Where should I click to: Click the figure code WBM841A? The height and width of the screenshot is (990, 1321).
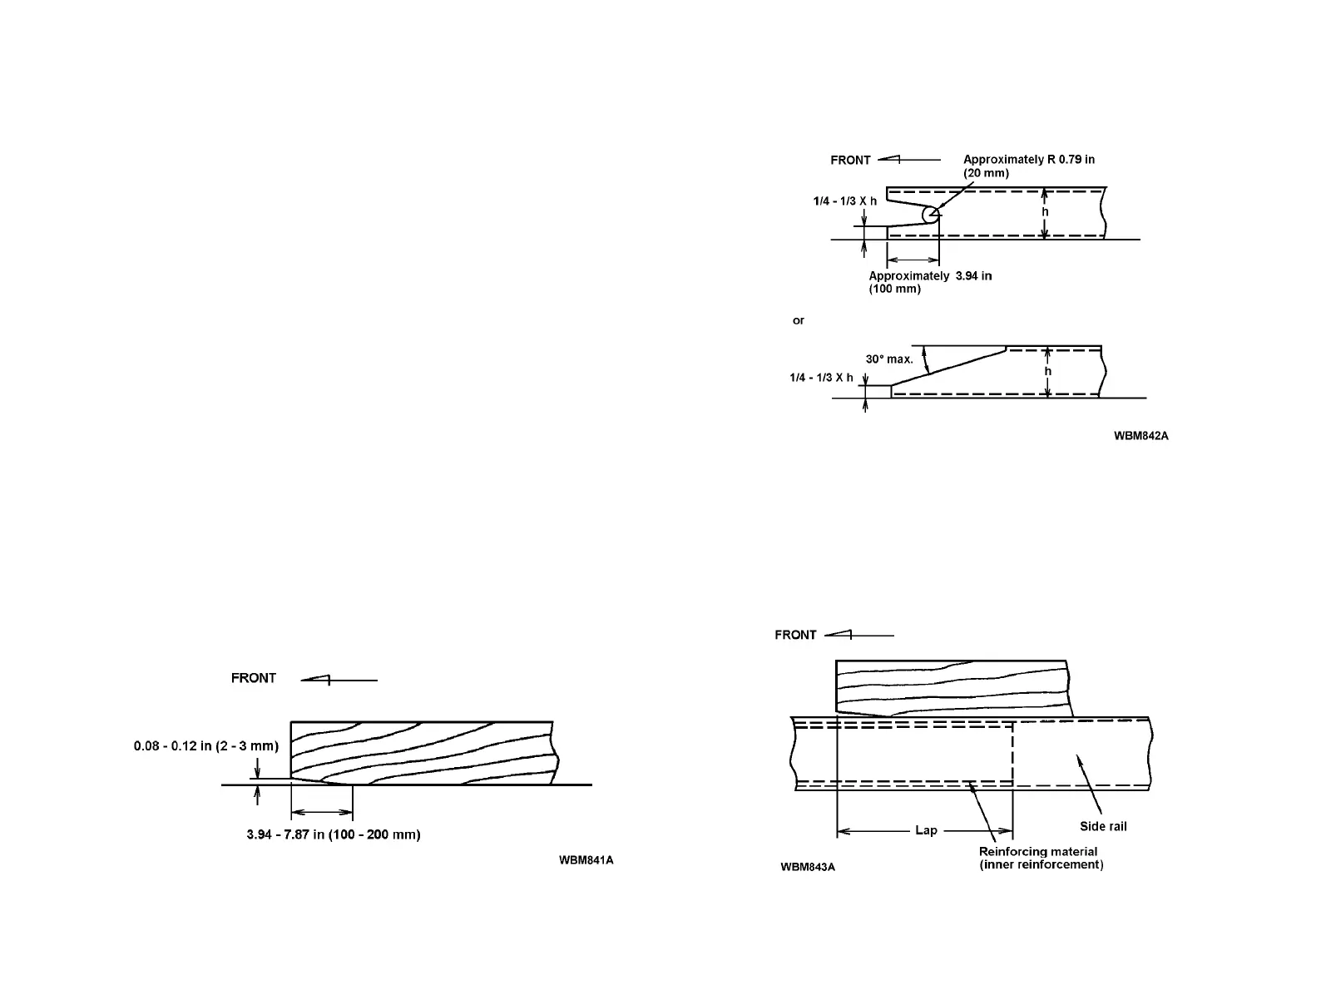pos(586,859)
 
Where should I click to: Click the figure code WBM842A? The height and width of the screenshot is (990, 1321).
pos(1140,435)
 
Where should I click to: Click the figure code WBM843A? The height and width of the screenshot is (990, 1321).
pos(807,867)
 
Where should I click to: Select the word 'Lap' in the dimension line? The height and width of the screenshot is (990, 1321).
pos(926,830)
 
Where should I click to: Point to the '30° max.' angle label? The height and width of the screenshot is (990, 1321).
pos(888,359)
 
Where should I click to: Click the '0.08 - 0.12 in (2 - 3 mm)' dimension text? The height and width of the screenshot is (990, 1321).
pos(206,745)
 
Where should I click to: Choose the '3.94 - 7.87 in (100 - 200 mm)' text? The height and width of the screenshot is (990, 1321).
pos(334,834)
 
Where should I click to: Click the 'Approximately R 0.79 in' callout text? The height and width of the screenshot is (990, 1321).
pos(1028,159)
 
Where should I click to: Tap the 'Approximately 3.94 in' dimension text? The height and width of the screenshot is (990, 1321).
pos(930,275)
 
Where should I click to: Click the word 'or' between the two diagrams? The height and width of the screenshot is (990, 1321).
pos(799,320)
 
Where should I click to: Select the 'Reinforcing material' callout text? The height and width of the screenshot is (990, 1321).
pos(1037,851)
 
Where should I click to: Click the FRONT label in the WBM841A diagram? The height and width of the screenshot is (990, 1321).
pos(254,678)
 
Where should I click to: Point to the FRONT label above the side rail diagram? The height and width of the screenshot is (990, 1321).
pos(795,635)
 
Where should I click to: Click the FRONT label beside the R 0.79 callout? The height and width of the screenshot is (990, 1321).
pos(850,160)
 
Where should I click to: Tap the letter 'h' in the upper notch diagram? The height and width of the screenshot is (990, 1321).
pos(1046,212)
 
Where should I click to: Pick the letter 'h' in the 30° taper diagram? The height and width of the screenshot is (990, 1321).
pos(1047,371)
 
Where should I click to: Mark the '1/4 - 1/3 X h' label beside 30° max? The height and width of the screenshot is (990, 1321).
pos(821,378)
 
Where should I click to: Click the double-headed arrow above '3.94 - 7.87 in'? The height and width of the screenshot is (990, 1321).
pos(322,811)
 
